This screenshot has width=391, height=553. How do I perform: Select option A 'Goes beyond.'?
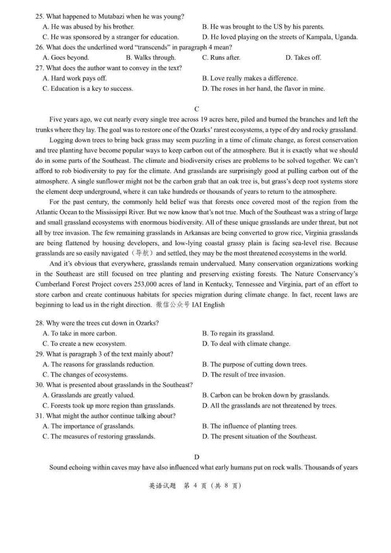click(x=66, y=58)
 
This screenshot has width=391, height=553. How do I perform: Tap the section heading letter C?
click(x=196, y=109)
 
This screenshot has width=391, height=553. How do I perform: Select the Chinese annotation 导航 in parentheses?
click(x=143, y=253)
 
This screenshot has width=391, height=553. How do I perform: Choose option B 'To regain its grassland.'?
click(x=238, y=333)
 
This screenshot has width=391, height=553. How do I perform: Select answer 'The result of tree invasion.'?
click(x=243, y=375)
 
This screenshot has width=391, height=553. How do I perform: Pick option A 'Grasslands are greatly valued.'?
click(x=89, y=395)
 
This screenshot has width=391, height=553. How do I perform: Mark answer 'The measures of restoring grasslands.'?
click(x=99, y=436)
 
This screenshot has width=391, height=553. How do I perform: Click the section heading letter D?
click(x=196, y=457)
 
